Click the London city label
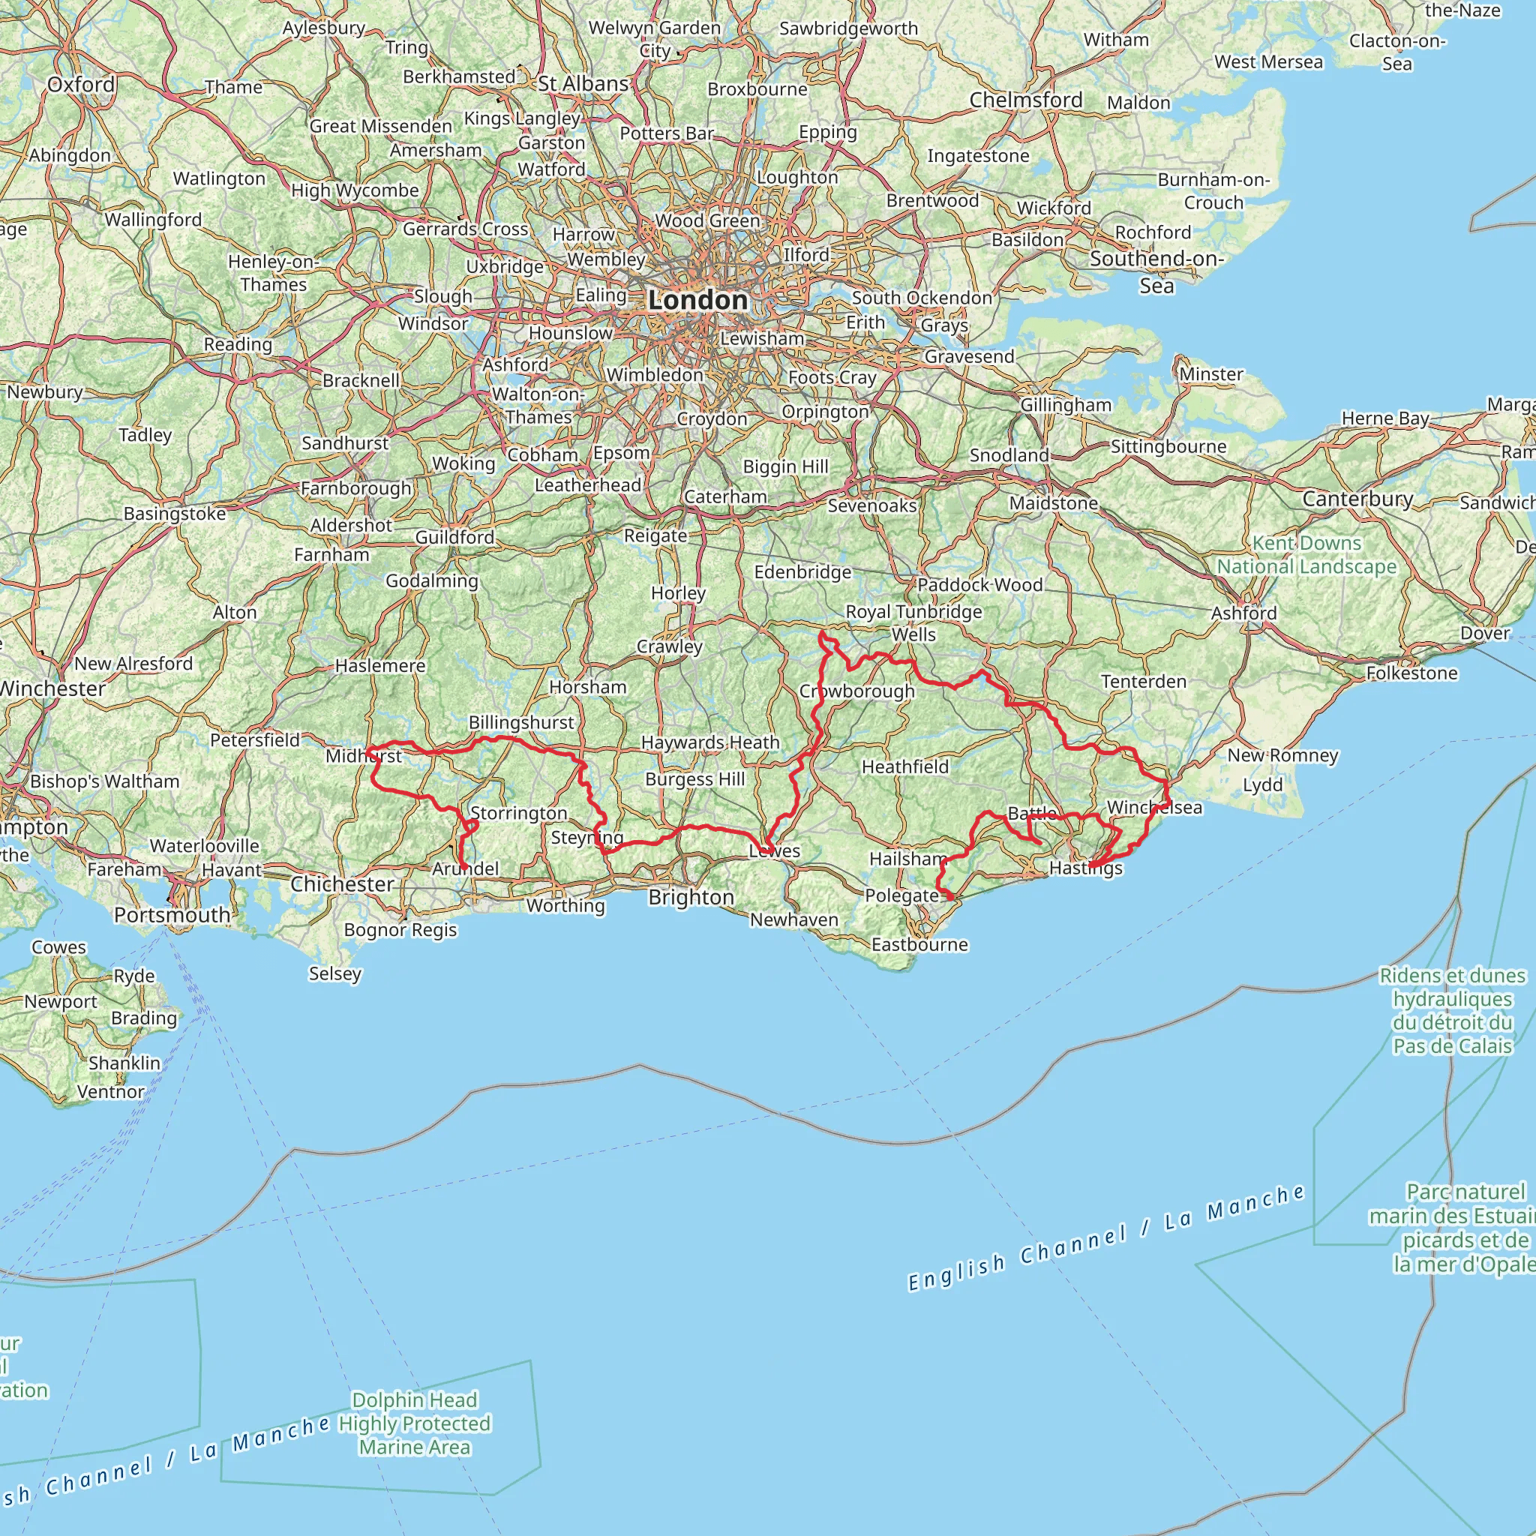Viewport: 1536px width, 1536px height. point(698,300)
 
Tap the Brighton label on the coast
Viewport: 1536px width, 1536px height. point(691,897)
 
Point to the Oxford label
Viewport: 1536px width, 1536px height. point(81,84)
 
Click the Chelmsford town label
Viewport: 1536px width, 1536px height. point(1025,100)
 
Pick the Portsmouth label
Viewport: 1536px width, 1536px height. point(172,914)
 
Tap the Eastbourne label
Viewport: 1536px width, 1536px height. point(919,944)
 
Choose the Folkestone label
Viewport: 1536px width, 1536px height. point(1412,673)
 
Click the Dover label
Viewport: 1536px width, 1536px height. point(1485,633)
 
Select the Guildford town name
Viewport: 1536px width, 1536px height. point(454,538)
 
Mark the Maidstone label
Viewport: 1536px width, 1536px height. point(1054,502)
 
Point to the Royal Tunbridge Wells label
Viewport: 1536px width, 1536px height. point(913,622)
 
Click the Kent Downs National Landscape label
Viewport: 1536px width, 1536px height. point(1307,555)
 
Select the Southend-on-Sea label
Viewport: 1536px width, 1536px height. point(1156,271)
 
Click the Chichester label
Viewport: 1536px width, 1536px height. point(342,884)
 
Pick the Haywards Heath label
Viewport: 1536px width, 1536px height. point(710,742)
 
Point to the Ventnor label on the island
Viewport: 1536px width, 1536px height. point(110,1091)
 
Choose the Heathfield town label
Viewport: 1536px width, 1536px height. point(905,766)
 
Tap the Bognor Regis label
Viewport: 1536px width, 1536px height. point(400,929)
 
